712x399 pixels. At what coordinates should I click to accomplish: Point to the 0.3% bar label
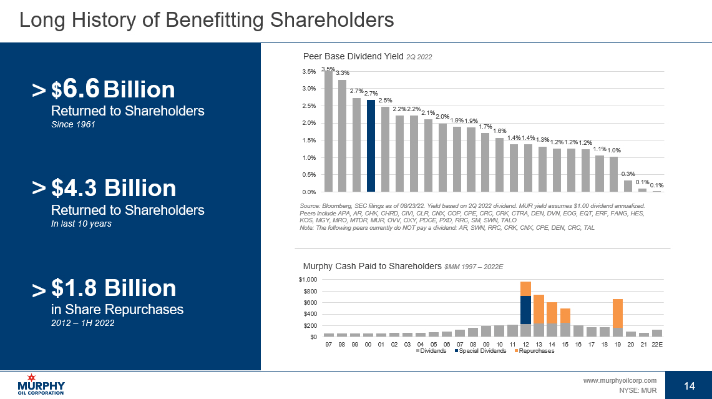(x=628, y=174)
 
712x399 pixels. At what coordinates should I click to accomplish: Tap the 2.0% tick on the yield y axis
(x=309, y=123)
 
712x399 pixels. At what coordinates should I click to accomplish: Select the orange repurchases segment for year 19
(x=617, y=314)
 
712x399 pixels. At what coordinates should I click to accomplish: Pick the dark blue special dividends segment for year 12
(x=525, y=310)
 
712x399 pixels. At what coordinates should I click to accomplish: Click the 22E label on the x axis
(x=656, y=343)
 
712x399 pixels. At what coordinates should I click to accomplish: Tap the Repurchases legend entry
(x=535, y=351)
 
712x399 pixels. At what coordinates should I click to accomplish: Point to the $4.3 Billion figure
(x=114, y=188)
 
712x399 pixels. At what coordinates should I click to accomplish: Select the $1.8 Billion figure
(x=114, y=288)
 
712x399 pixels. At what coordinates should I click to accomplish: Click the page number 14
(x=689, y=386)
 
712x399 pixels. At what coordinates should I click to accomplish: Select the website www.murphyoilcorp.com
(x=620, y=380)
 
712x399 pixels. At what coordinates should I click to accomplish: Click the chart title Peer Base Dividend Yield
(x=353, y=56)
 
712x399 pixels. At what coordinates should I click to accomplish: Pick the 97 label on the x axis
(x=328, y=343)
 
